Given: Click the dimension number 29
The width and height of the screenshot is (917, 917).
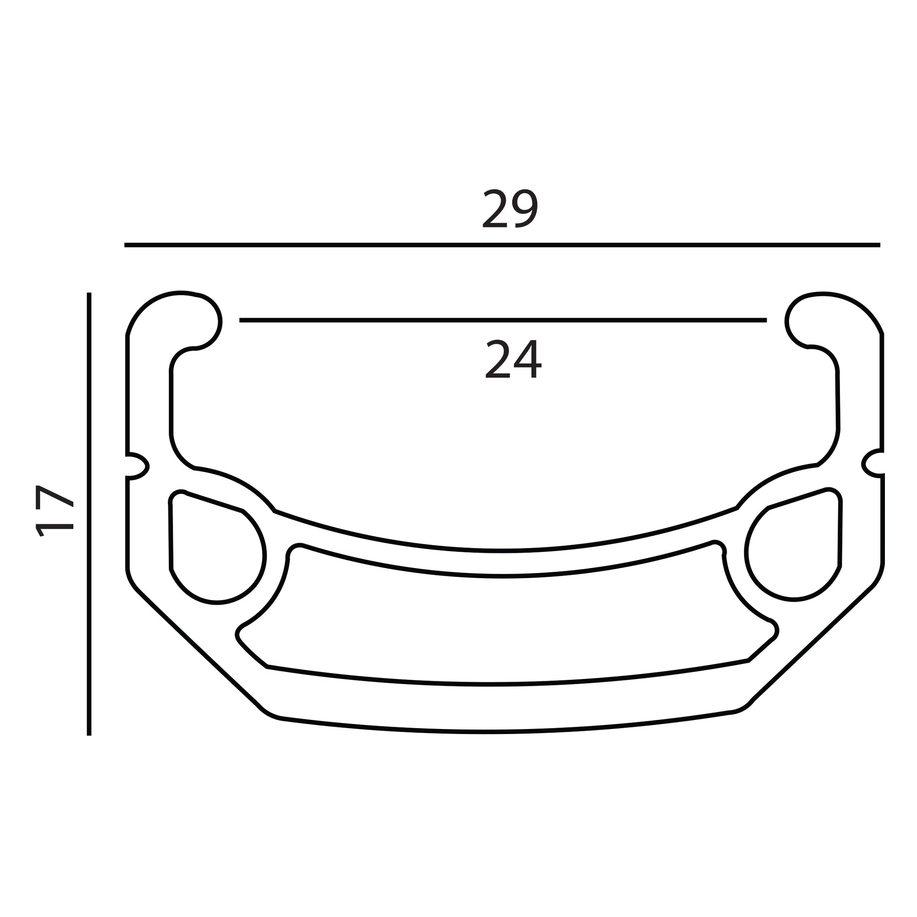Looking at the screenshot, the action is point(510,208).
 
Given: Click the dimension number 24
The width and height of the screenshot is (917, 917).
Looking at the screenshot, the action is point(513,359).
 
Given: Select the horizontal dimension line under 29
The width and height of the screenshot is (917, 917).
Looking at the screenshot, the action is point(502,245).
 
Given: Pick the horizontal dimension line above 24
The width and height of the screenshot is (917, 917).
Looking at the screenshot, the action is point(503,320).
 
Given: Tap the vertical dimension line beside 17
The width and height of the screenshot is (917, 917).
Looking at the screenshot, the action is point(89,514).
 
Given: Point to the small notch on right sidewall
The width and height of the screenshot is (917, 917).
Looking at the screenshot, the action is point(873,463).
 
